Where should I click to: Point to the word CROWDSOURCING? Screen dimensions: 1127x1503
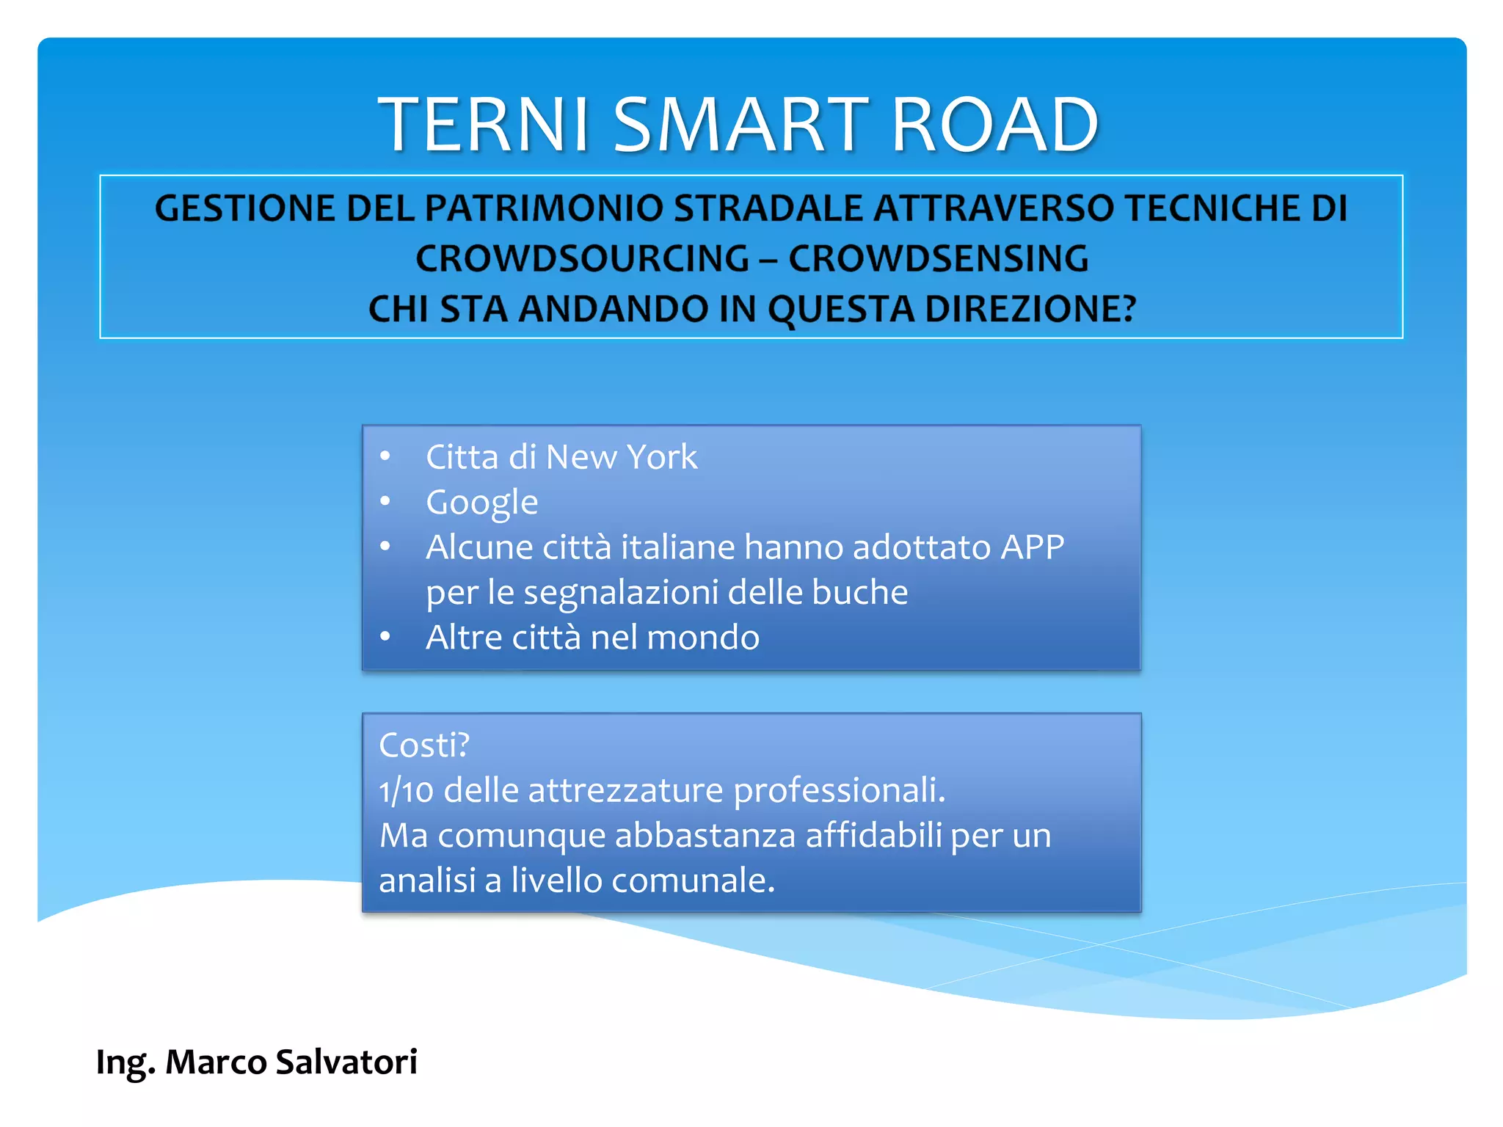pos(582,259)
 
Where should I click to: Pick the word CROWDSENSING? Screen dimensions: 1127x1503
pos(939,259)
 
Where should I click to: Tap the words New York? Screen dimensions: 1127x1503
pos(622,457)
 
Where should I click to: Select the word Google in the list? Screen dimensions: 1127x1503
pos(482,503)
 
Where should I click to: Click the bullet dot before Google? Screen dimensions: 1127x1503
pos(385,502)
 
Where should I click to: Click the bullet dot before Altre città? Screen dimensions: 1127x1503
pos(385,637)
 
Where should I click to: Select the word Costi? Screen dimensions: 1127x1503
pos(424,745)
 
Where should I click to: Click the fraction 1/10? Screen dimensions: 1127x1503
pos(406,791)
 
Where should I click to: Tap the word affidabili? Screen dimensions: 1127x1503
pos(873,836)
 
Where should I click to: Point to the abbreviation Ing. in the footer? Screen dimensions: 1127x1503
pos(125,1062)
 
